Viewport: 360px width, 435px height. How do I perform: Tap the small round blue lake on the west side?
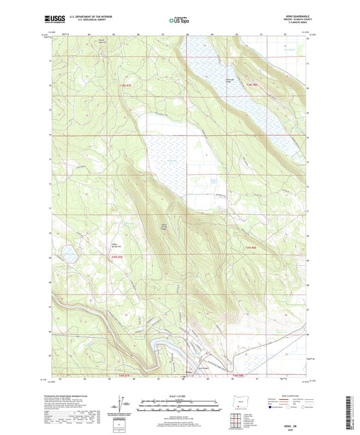[x=69, y=253]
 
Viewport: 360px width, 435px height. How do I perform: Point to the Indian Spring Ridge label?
[x=164, y=226]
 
